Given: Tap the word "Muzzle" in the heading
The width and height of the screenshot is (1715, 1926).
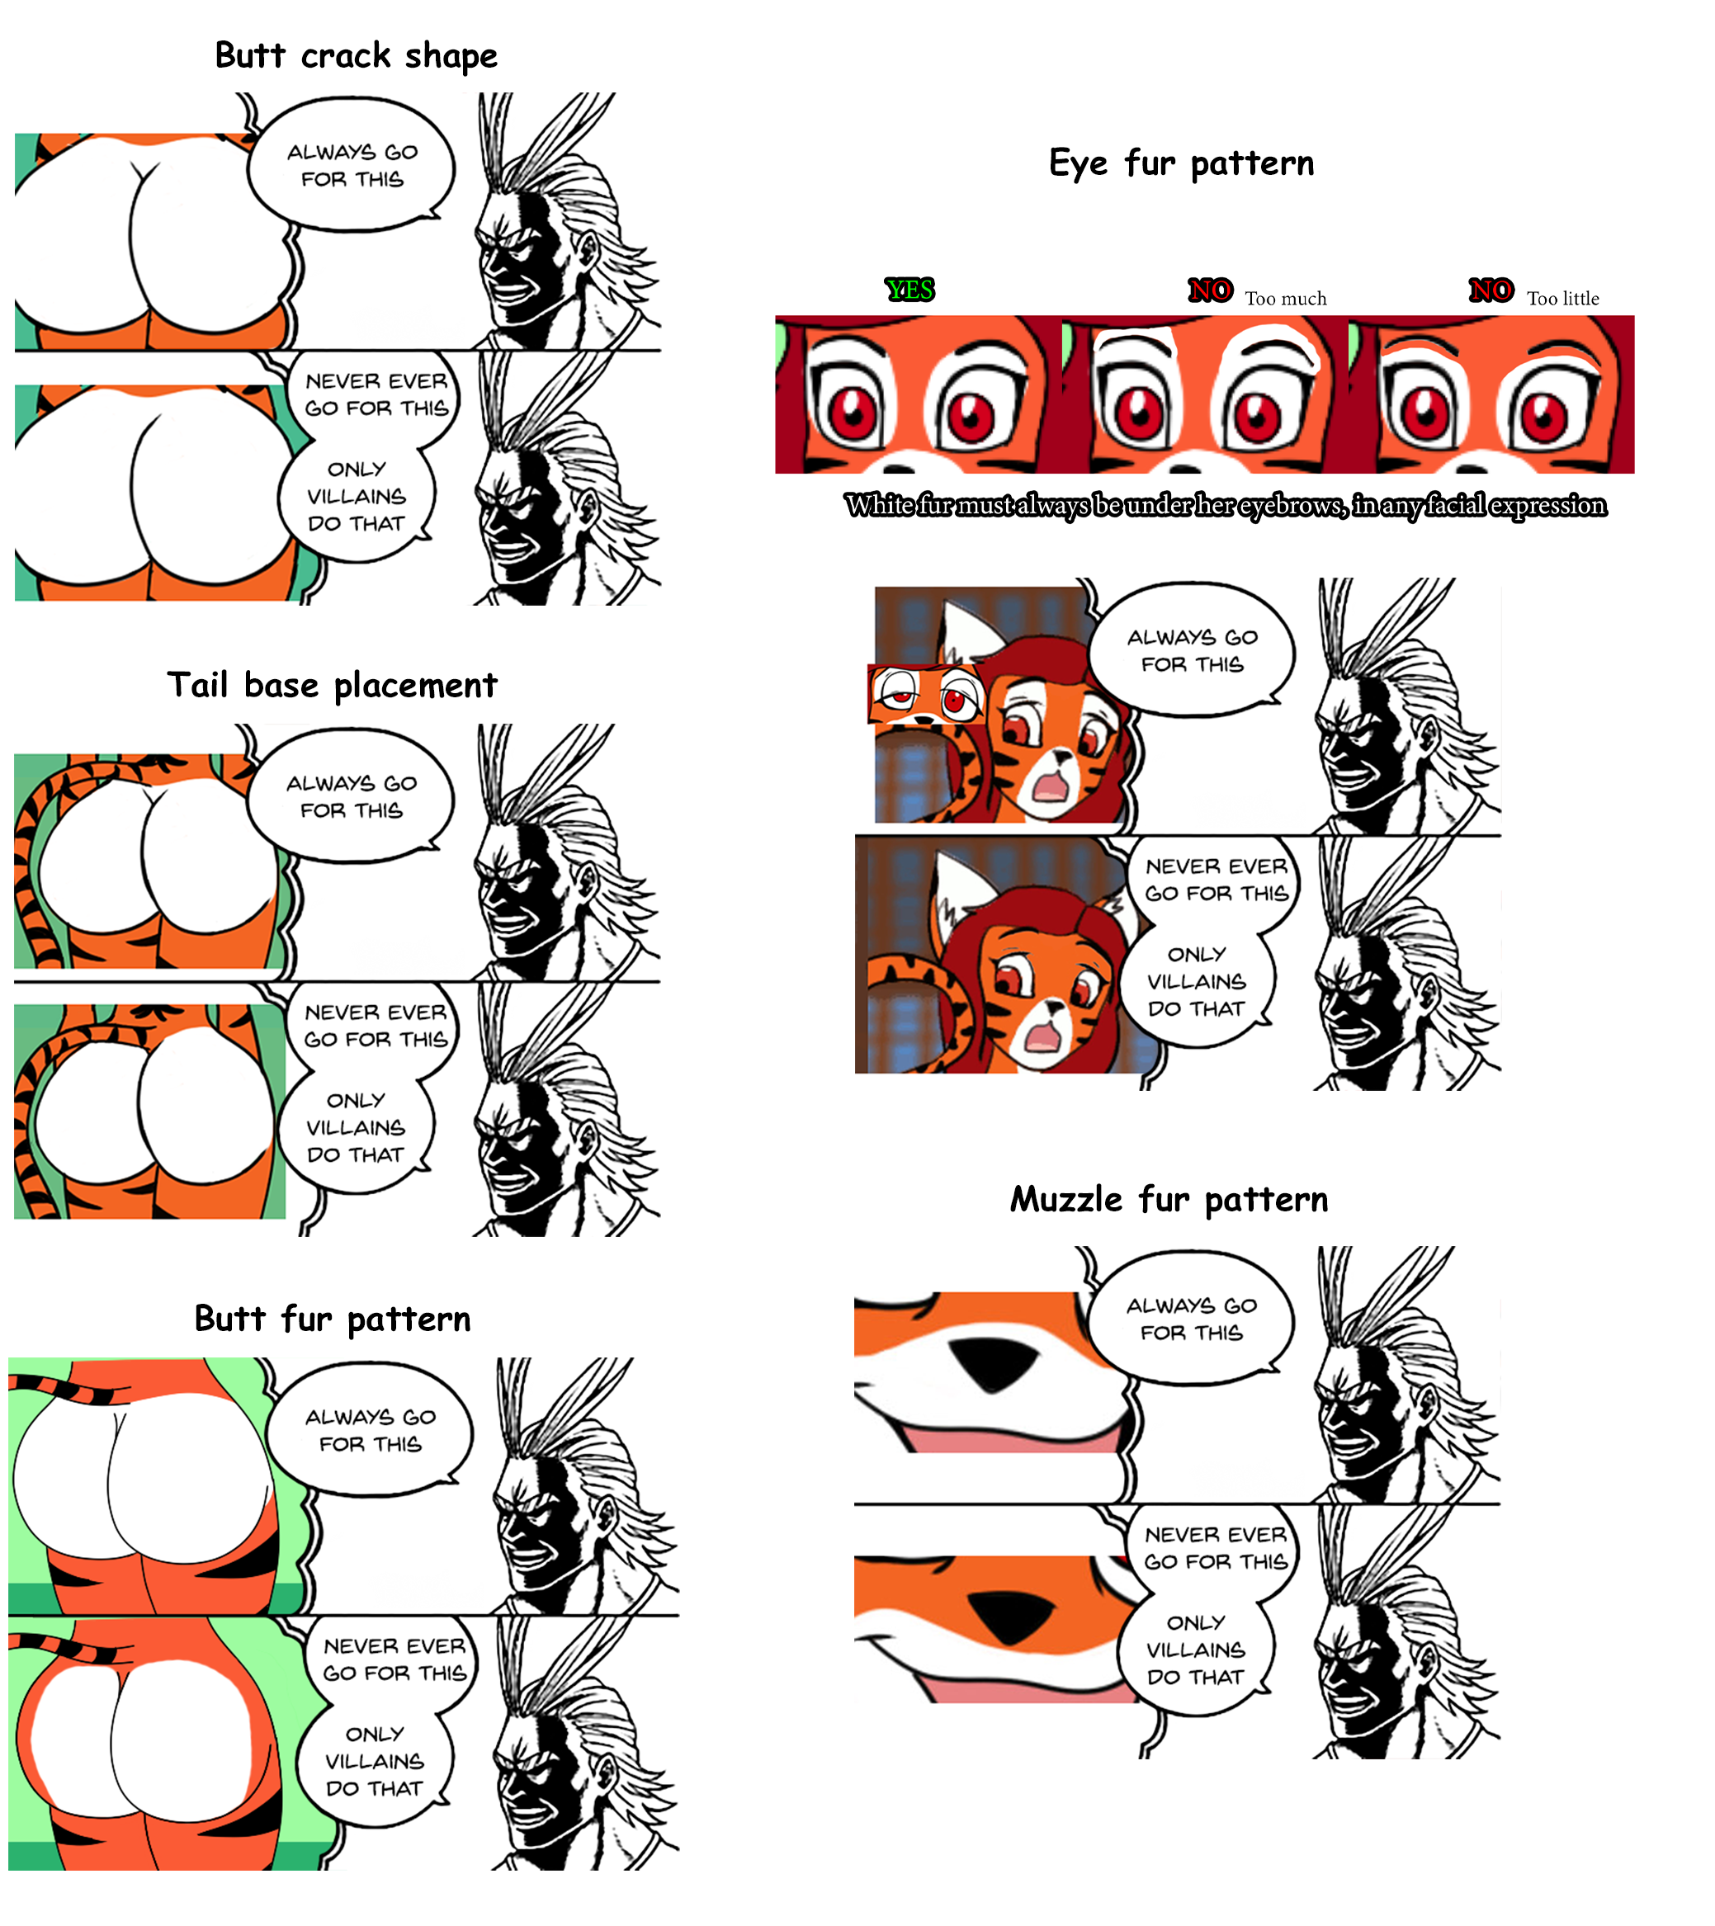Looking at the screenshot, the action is tap(1065, 1200).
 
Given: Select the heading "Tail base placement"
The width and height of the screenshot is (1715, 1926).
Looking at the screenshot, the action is tap(332, 685).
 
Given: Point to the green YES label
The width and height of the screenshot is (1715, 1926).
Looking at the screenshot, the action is tap(909, 290).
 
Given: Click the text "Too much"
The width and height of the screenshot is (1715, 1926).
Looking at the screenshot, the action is tap(1285, 299).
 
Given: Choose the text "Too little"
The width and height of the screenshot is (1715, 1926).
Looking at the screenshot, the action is tap(1562, 299).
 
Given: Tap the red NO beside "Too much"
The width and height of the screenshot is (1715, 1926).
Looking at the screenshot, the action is tap(1210, 290).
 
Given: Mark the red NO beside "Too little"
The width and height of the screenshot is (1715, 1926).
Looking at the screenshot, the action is tap(1491, 290).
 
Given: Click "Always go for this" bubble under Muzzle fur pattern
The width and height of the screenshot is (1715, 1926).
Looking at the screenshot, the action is tap(1191, 1318).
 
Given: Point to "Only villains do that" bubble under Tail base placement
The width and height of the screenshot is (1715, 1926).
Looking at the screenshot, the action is tap(355, 1128).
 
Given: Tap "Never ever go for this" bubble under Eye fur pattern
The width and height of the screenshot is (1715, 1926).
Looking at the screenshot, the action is tap(1216, 880).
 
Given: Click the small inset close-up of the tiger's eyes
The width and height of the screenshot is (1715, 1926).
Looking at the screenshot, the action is tap(926, 695).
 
